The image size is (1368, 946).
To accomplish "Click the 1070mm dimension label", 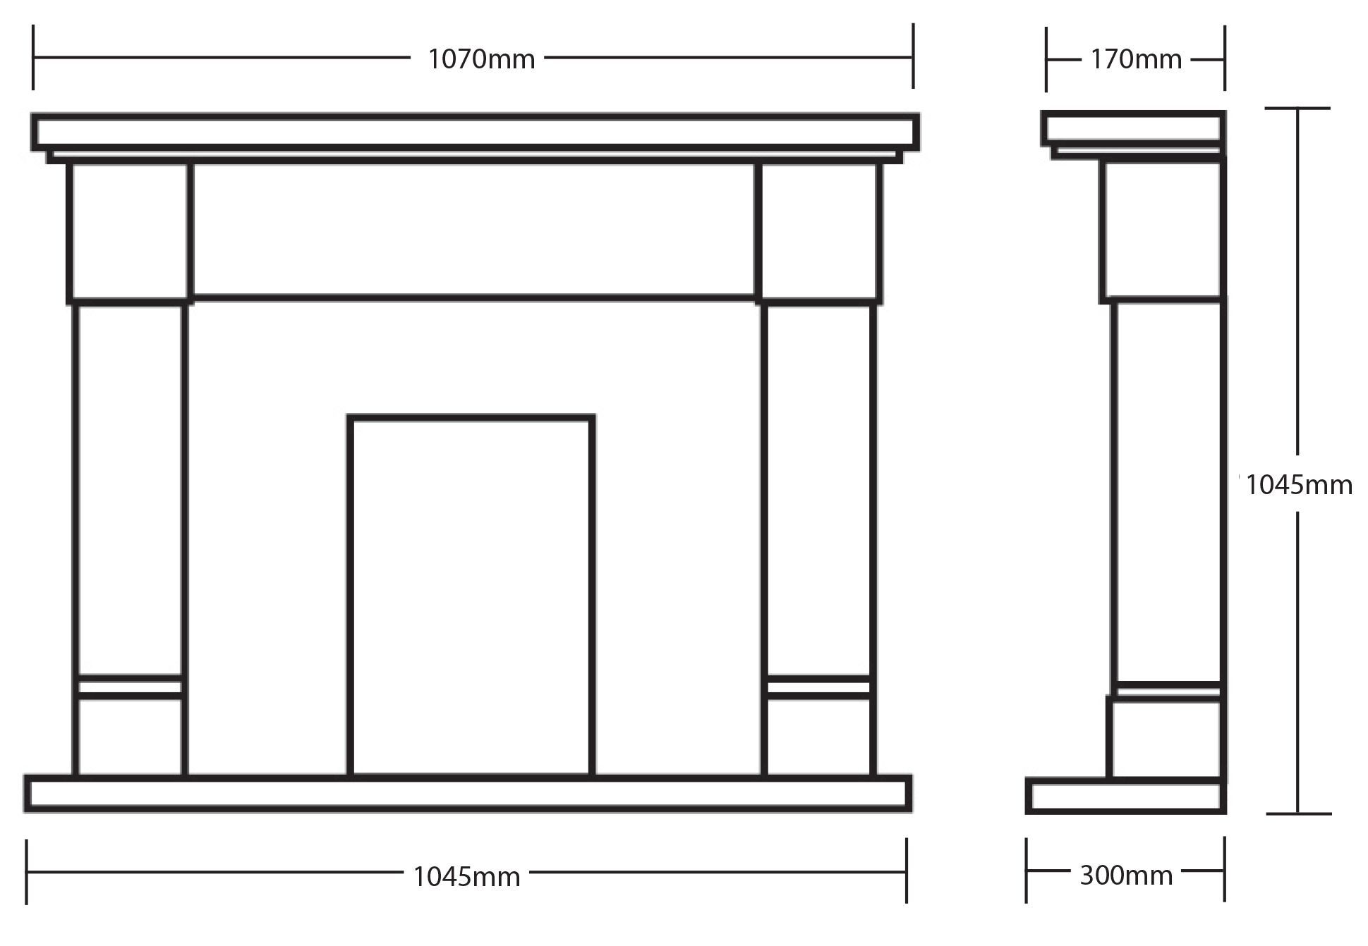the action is coord(481,59).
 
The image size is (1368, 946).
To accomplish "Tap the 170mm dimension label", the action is coord(1136,59).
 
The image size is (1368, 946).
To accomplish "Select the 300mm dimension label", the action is coord(1126,876).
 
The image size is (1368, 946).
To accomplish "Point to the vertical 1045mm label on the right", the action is coord(1299,485).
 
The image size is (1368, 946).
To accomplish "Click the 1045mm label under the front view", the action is coord(466,877).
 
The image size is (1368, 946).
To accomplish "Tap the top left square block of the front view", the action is coord(130,233).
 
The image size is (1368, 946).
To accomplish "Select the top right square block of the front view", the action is coord(818,233).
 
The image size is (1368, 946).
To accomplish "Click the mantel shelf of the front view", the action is coord(475,132).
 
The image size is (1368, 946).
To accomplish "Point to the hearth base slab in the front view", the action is coord(468,794).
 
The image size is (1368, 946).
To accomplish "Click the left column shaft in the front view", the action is coord(130,490).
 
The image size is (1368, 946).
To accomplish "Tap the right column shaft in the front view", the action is coord(818,490).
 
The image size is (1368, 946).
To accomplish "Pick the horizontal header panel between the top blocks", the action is coord(473,231).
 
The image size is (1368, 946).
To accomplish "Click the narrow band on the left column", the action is coord(130,687).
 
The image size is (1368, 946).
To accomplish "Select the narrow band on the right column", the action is coord(818,687).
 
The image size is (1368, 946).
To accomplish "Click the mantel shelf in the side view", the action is coord(1133,129).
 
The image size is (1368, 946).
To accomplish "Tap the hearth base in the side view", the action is coord(1126,796).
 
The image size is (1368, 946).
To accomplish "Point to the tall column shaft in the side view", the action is coord(1167,491).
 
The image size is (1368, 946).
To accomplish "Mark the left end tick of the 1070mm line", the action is coord(33,56).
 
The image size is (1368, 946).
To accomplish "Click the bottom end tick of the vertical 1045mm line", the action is coord(1298,813).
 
